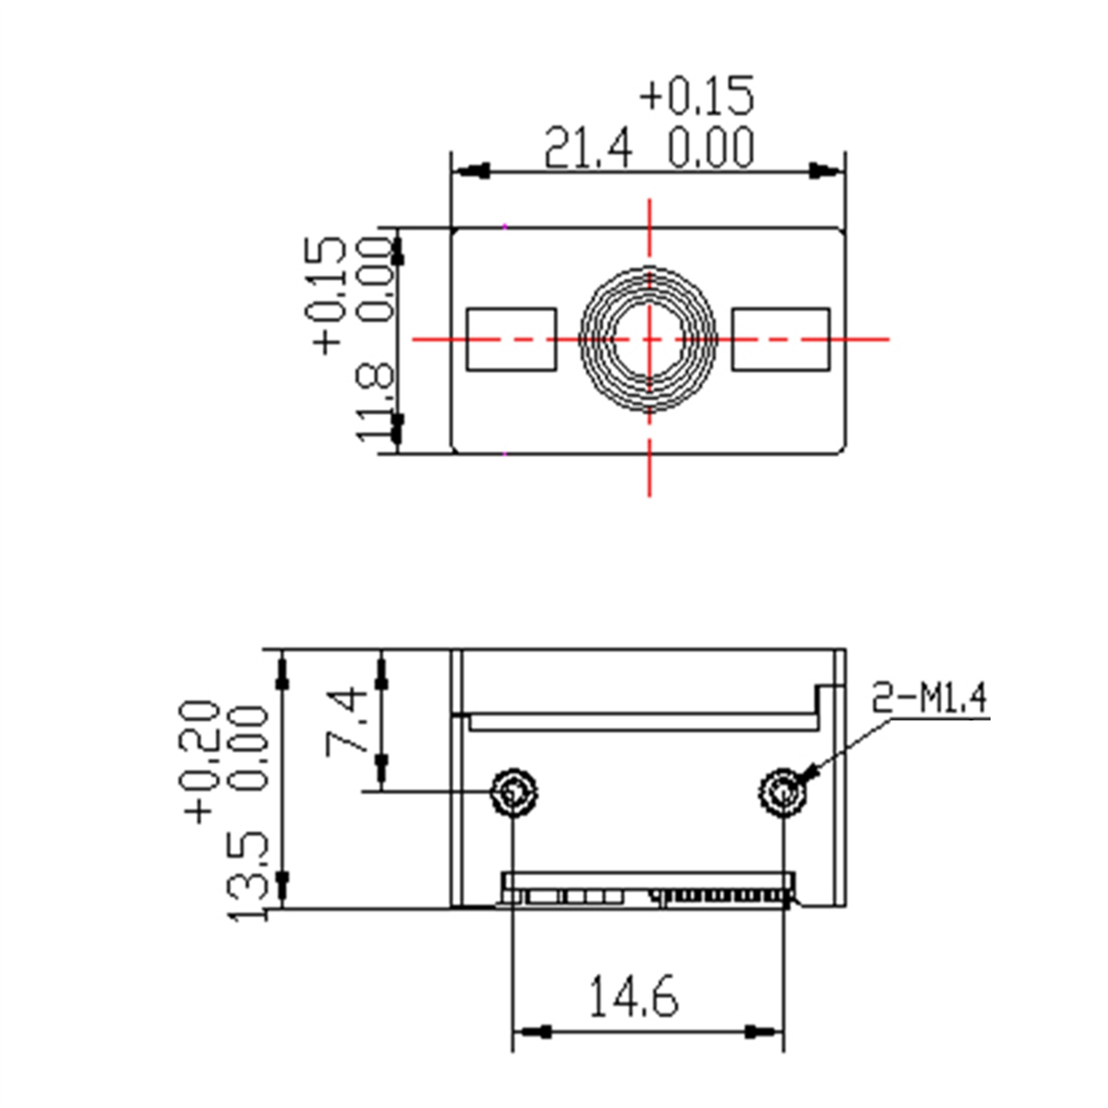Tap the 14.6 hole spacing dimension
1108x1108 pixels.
pos(633,997)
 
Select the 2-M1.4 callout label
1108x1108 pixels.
pos(930,699)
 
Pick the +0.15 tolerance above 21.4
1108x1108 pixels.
pos(697,95)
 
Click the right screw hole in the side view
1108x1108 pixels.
pos(783,792)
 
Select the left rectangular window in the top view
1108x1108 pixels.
pos(512,340)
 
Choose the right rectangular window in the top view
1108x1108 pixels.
pos(781,340)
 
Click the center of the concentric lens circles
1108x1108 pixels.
pos(649,340)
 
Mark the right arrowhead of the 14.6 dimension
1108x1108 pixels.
pos(763,1030)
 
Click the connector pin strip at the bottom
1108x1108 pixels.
pos(720,895)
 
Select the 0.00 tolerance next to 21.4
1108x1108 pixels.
pos(711,149)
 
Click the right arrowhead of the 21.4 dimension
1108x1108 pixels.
pos(824,172)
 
